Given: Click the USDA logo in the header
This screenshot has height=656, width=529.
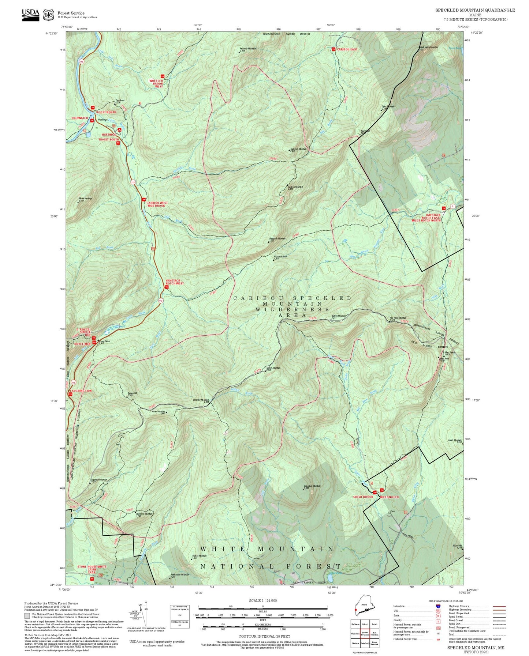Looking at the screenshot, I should click(30, 14).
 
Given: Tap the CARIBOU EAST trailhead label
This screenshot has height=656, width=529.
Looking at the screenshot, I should click(347, 49).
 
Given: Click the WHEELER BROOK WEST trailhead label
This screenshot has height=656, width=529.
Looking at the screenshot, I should click(156, 83).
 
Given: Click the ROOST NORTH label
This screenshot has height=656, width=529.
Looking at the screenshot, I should click(106, 112).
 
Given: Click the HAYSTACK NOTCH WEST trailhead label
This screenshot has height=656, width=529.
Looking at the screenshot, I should click(175, 282).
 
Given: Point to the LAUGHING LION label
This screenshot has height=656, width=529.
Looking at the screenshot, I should click(81, 391).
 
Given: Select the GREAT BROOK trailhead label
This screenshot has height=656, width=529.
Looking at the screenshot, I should click(363, 497).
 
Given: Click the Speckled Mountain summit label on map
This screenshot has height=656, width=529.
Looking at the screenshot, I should click(201, 400).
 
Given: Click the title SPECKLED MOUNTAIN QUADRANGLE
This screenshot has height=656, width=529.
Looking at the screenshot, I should click(475, 10).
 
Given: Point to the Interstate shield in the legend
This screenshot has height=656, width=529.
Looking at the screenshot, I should click(438, 606).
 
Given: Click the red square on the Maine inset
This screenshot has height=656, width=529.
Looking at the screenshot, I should click(355, 610).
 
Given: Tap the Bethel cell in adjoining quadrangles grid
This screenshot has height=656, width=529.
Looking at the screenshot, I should click(374, 624).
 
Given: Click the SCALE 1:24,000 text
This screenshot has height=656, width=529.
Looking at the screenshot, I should click(263, 600).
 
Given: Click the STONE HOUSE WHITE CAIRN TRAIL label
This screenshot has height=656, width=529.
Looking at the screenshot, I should click(92, 569).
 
